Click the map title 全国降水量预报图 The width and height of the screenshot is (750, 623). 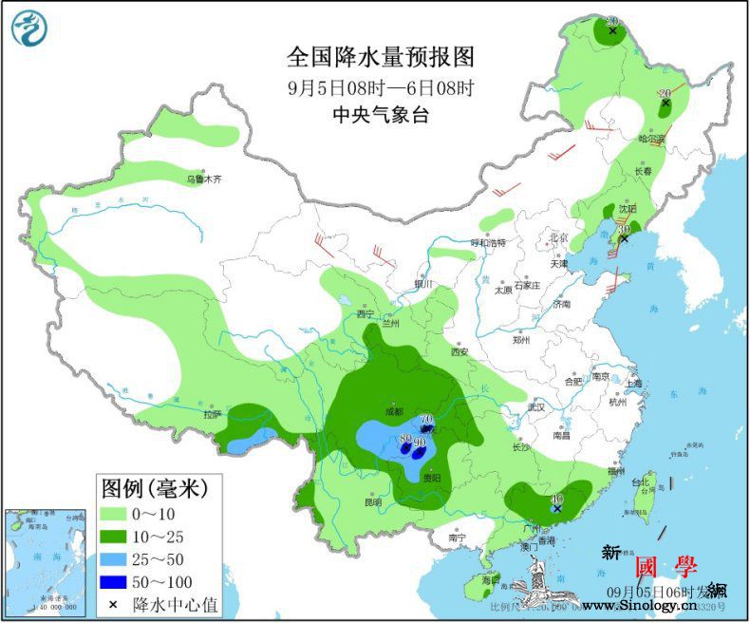click(381, 58)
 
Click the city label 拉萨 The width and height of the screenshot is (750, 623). click(211, 413)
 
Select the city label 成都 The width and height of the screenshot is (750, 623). click(394, 411)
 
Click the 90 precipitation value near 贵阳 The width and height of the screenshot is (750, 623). click(420, 442)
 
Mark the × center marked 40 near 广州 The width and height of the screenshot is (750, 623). click(557, 509)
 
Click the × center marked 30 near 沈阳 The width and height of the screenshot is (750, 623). click(624, 239)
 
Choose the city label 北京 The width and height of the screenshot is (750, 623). click(557, 237)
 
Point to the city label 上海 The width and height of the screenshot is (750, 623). click(633, 384)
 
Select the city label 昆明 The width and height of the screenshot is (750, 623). click(373, 501)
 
